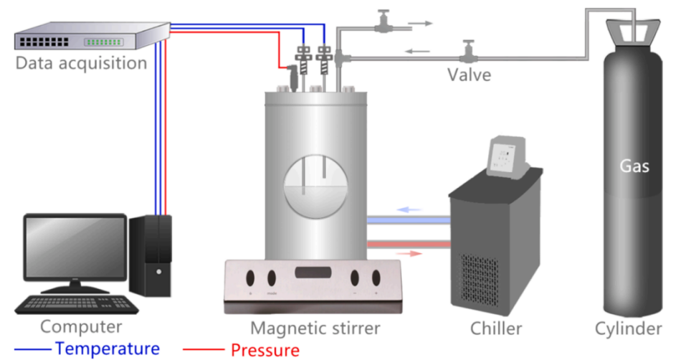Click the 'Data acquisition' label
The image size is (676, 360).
pyautogui.click(x=81, y=63)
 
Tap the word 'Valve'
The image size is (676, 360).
pyautogui.click(x=470, y=74)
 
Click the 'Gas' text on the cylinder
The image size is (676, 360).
pyautogui.click(x=634, y=167)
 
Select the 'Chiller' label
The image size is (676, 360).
pyautogui.click(x=496, y=329)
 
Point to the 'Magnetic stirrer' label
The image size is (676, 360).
pyautogui.click(x=315, y=329)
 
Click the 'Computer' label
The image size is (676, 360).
pyautogui.click(x=81, y=328)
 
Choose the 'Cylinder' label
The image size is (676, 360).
pyautogui.click(x=629, y=329)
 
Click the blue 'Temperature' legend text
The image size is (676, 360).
pyautogui.click(x=108, y=349)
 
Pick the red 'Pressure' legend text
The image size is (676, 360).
pyautogui.click(x=265, y=350)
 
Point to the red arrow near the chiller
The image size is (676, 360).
pyautogui.click(x=409, y=253)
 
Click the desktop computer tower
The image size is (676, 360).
pyautogui.click(x=152, y=255)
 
